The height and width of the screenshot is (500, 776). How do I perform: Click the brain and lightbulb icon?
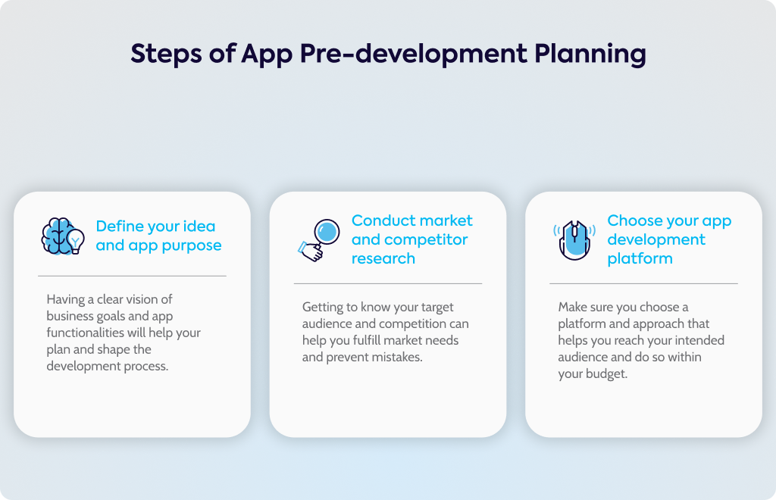(x=62, y=236)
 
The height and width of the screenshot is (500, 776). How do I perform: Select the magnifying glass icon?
(x=319, y=240)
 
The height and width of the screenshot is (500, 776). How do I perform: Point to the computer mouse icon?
(x=574, y=240)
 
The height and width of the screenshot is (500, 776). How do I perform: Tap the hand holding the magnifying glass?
(x=311, y=252)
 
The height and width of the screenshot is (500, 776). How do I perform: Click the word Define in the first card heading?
(x=118, y=226)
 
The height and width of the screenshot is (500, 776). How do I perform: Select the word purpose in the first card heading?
(x=192, y=245)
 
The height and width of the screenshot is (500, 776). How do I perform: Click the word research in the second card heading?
(x=383, y=258)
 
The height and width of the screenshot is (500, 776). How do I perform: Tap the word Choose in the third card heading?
(x=634, y=220)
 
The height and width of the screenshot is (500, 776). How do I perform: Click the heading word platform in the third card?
(x=640, y=258)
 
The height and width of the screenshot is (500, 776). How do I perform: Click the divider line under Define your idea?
(x=132, y=276)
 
